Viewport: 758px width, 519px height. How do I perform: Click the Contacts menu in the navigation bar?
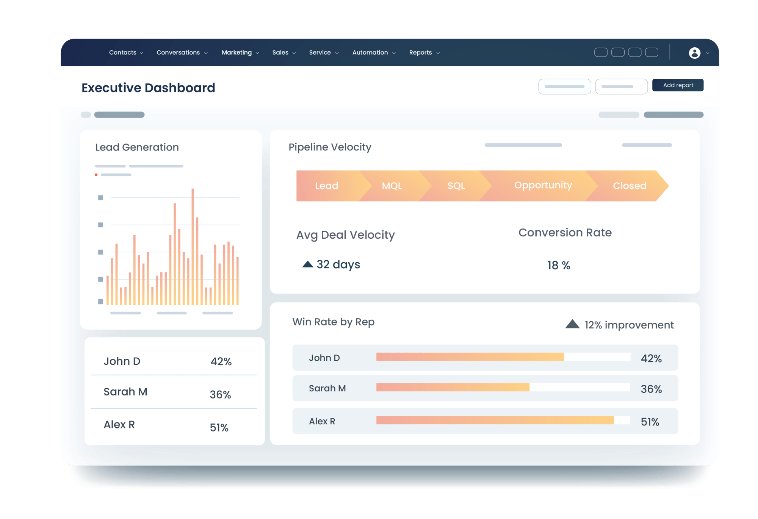(x=126, y=53)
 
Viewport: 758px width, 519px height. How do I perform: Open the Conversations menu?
(x=182, y=53)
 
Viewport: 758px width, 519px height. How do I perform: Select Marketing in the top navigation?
(x=240, y=53)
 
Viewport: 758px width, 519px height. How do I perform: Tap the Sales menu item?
(x=284, y=53)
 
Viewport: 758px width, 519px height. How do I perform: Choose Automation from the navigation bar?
(x=374, y=53)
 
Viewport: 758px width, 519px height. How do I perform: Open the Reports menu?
(x=424, y=53)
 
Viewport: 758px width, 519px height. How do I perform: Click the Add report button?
(x=678, y=85)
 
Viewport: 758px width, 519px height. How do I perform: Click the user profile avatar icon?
(x=694, y=53)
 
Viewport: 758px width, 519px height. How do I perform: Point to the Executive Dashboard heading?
(x=148, y=88)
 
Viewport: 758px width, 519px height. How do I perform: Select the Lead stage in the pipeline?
(x=327, y=186)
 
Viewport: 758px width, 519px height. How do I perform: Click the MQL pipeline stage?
(x=392, y=186)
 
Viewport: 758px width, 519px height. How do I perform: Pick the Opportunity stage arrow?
(x=543, y=185)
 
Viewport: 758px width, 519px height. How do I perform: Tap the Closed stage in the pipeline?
(x=630, y=186)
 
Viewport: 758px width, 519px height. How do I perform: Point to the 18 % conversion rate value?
(x=559, y=265)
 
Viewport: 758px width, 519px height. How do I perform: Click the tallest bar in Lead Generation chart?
(x=193, y=247)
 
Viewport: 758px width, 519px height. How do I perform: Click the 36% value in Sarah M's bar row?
(x=651, y=389)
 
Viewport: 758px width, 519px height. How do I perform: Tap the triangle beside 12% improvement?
(x=572, y=324)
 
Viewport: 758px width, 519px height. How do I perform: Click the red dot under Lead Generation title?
(x=96, y=175)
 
